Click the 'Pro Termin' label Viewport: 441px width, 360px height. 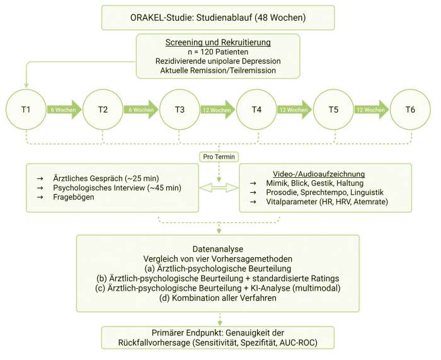pyautogui.click(x=217, y=155)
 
